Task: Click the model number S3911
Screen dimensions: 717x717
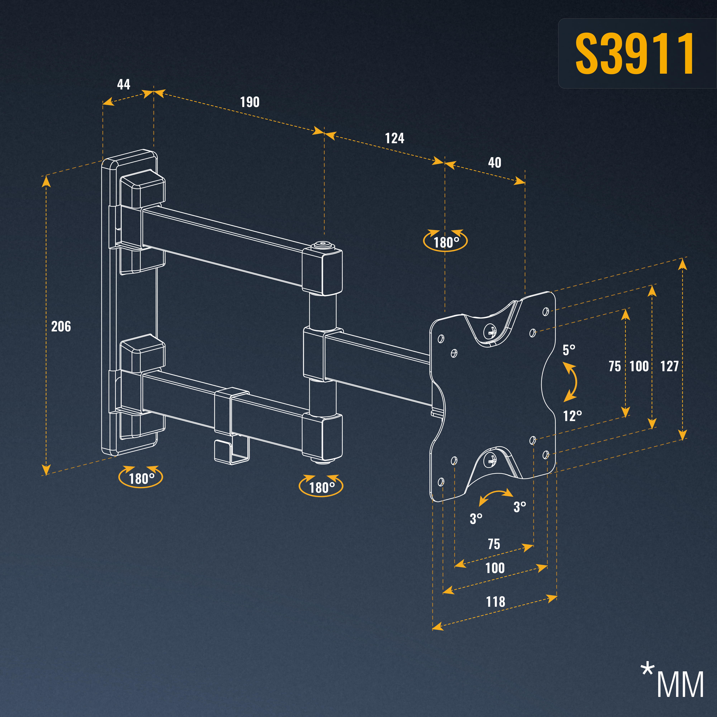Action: point(634,53)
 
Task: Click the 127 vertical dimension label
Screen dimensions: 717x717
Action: point(669,366)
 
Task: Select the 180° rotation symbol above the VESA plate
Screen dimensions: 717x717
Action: point(445,241)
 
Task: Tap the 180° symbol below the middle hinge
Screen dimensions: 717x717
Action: point(321,485)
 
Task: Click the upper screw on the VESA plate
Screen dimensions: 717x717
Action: point(491,330)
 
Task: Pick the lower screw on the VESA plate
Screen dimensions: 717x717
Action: point(491,461)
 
